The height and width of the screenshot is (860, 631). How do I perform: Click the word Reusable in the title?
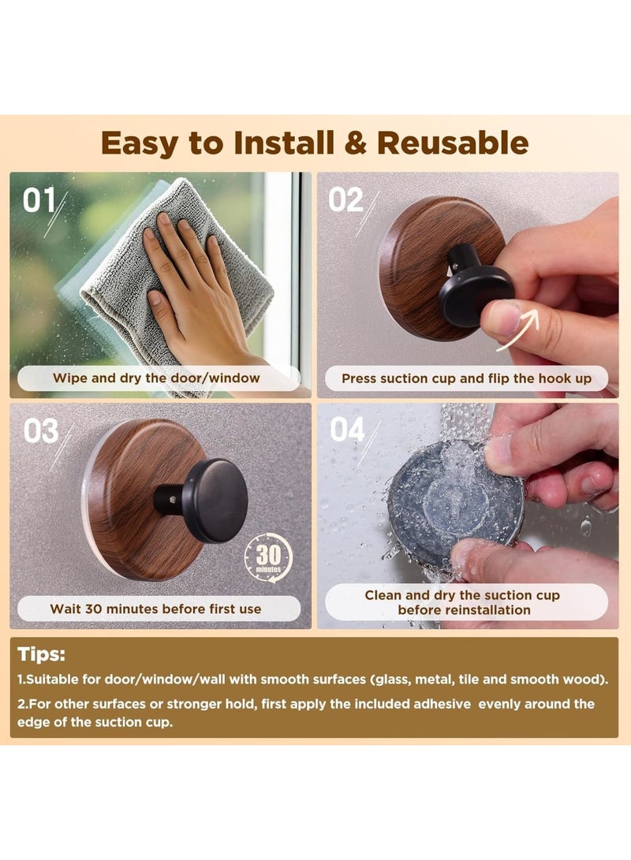pos(452,143)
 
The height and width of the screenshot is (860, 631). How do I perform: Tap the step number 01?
pos(38,201)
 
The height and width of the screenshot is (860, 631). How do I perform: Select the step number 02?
pos(345,200)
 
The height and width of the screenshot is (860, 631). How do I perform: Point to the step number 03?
pos(40,431)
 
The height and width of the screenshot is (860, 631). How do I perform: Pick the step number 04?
pos(347,430)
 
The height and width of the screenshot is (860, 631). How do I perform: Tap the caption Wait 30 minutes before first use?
pos(155,609)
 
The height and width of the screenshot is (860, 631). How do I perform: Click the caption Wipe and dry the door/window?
pos(156,378)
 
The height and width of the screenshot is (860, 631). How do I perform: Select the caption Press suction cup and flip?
pos(466,378)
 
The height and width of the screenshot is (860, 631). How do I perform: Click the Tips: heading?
pos(42,654)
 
